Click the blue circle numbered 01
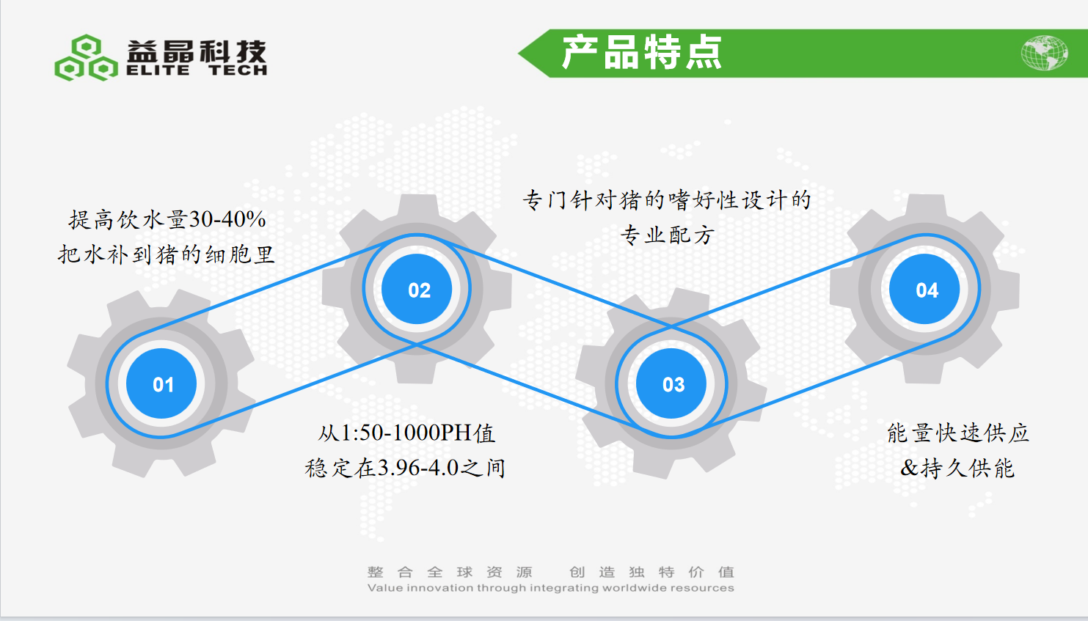pyautogui.click(x=161, y=383)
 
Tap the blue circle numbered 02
pyautogui.click(x=417, y=289)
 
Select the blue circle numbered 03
pyautogui.click(x=671, y=383)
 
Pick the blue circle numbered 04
pyautogui.click(x=924, y=289)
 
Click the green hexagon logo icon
pyautogui.click(x=86, y=57)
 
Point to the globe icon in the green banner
pyautogui.click(x=1044, y=53)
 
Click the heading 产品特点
pyautogui.click(x=642, y=53)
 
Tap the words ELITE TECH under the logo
pyautogui.click(x=197, y=71)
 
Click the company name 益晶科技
pyautogui.click(x=197, y=51)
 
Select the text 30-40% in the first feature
pyautogui.click(x=227, y=219)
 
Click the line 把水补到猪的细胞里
pyautogui.click(x=166, y=254)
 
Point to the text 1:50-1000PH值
pyautogui.click(x=418, y=433)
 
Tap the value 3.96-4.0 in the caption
pyautogui.click(x=418, y=468)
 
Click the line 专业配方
pyautogui.click(x=667, y=235)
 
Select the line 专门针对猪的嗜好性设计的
pyautogui.click(x=667, y=200)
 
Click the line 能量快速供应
pyautogui.click(x=958, y=433)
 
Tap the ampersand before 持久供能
pyautogui.click(x=909, y=468)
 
